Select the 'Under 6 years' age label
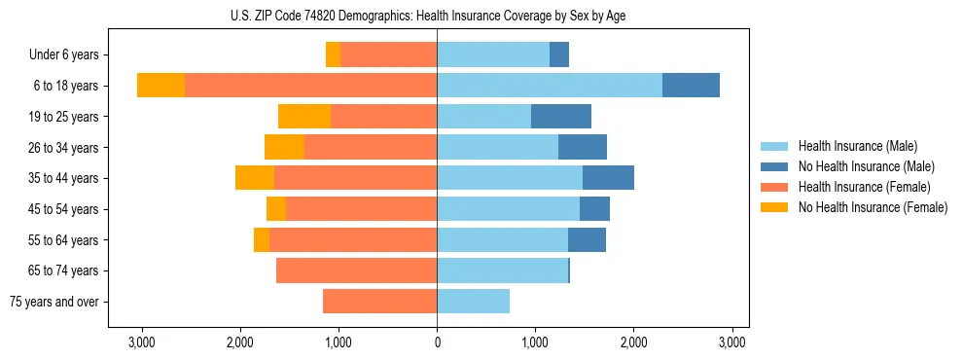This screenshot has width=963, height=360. (x=70, y=55)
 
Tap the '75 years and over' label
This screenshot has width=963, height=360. (x=54, y=302)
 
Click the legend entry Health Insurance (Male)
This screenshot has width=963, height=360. (x=857, y=146)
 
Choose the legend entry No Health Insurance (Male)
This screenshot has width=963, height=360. (x=866, y=166)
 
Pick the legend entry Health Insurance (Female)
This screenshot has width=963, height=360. (x=864, y=187)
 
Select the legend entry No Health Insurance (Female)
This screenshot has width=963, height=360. (x=873, y=207)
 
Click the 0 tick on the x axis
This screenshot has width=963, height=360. (x=437, y=342)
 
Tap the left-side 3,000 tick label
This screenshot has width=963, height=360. (x=142, y=342)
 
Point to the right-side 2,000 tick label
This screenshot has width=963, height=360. (x=633, y=342)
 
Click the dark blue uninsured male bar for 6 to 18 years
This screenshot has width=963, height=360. (x=691, y=86)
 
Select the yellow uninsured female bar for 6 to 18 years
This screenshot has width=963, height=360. (x=160, y=86)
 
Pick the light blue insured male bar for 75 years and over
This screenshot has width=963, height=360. (x=473, y=302)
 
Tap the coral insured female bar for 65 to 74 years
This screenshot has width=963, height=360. (x=356, y=270)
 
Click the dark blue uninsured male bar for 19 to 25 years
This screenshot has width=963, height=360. (x=561, y=117)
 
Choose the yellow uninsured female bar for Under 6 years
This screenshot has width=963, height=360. (x=333, y=55)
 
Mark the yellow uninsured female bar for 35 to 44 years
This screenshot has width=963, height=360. (x=255, y=178)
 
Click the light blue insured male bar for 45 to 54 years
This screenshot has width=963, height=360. (x=508, y=209)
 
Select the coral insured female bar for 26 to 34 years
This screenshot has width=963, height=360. (x=371, y=147)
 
